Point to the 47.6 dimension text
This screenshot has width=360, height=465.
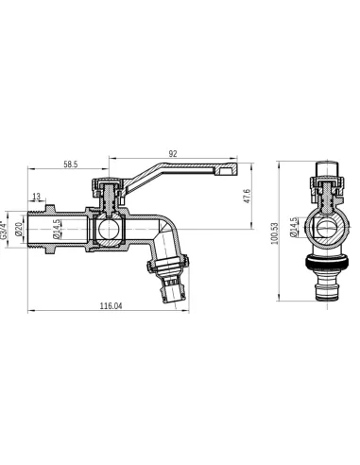tap(248, 198)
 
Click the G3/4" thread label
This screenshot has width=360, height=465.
tap(5, 230)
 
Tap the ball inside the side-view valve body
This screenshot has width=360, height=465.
tap(111, 230)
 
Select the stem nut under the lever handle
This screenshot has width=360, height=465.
tap(111, 188)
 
